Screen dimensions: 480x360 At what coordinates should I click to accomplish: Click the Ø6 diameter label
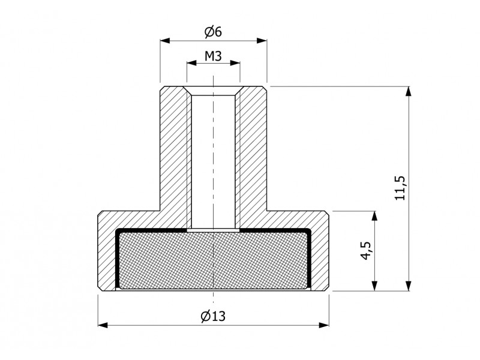(213, 32)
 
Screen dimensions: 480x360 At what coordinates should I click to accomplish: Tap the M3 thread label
(213, 56)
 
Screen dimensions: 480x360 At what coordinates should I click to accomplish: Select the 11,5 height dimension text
(400, 188)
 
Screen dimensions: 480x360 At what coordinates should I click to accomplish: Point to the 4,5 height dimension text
(366, 250)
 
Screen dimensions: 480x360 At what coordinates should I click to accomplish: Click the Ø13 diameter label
(213, 316)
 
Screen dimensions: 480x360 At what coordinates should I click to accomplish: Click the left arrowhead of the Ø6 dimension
(165, 40)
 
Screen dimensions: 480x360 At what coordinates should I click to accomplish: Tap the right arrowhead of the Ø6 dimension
(262, 40)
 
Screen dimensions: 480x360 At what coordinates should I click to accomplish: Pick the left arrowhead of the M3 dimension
(191, 63)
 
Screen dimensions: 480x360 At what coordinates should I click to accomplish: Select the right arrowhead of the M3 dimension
(235, 63)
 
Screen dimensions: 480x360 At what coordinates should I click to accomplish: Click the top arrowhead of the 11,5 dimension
(409, 92)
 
